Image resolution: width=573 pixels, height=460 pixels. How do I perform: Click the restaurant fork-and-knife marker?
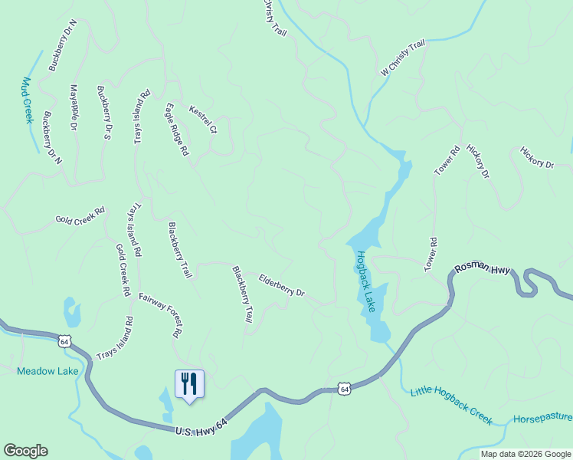[189, 383]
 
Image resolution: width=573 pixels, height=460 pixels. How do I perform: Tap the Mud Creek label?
[28, 100]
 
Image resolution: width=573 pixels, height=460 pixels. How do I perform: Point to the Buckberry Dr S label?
[105, 113]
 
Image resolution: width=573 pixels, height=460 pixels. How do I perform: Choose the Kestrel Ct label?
[203, 119]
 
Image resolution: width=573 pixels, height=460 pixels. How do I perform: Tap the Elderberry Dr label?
[281, 286]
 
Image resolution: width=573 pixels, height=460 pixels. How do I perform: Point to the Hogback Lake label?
[364, 281]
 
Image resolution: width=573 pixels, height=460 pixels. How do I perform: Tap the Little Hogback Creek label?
[450, 402]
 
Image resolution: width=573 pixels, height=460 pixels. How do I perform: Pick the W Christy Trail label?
[403, 59]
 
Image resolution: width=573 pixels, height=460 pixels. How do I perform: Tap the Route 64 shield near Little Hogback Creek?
[345, 389]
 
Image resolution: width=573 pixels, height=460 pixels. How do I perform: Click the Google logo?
[25, 451]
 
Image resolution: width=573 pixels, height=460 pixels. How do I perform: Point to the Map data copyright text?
[525, 454]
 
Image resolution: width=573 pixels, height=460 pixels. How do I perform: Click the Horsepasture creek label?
[542, 419]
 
